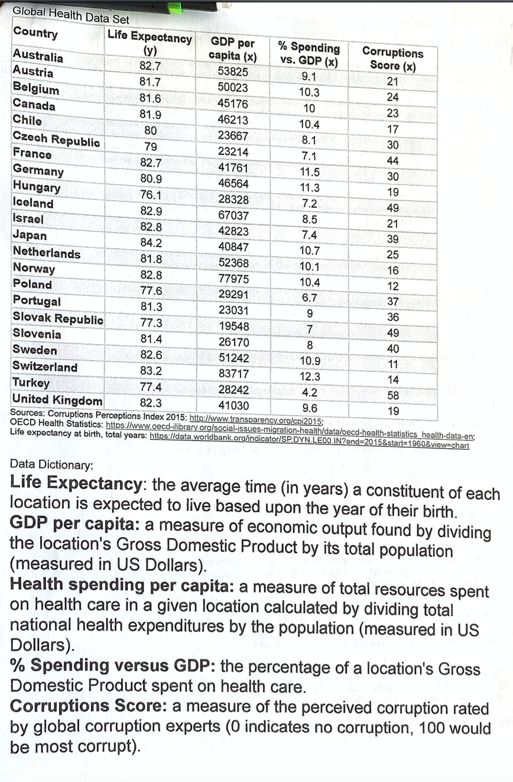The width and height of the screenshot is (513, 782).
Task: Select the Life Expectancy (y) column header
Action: (149, 44)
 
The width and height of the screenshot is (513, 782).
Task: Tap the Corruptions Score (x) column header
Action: (392, 59)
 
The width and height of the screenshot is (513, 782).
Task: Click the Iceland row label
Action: (33, 203)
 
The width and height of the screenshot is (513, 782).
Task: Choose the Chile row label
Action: (27, 120)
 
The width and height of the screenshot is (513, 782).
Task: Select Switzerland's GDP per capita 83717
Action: (233, 374)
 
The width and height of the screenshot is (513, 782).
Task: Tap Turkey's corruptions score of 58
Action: (392, 395)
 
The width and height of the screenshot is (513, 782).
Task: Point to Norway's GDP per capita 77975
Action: (233, 279)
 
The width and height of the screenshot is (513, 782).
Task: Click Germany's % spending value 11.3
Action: (310, 188)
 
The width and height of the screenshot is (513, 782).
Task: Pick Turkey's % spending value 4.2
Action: (310, 392)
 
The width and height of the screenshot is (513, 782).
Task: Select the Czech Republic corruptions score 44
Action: (392, 160)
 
